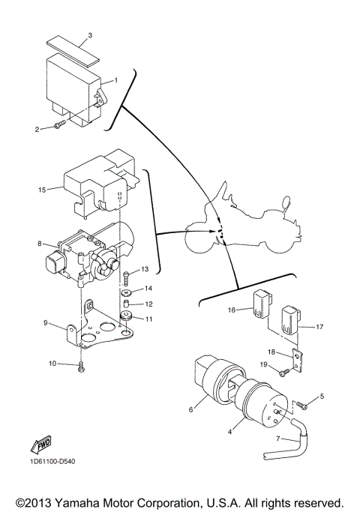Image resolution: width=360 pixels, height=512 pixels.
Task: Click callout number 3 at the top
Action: coord(91,35)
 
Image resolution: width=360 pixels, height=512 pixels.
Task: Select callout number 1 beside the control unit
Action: coord(115,79)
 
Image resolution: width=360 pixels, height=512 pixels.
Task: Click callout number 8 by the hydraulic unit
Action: coord(39,243)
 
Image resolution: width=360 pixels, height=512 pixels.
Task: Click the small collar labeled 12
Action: coord(127,304)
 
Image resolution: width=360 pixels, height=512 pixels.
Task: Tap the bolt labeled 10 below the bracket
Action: coord(81,366)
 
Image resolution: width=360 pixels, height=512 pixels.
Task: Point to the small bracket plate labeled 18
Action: coord(297,362)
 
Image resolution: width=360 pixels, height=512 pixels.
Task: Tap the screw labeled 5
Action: coord(304,406)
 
